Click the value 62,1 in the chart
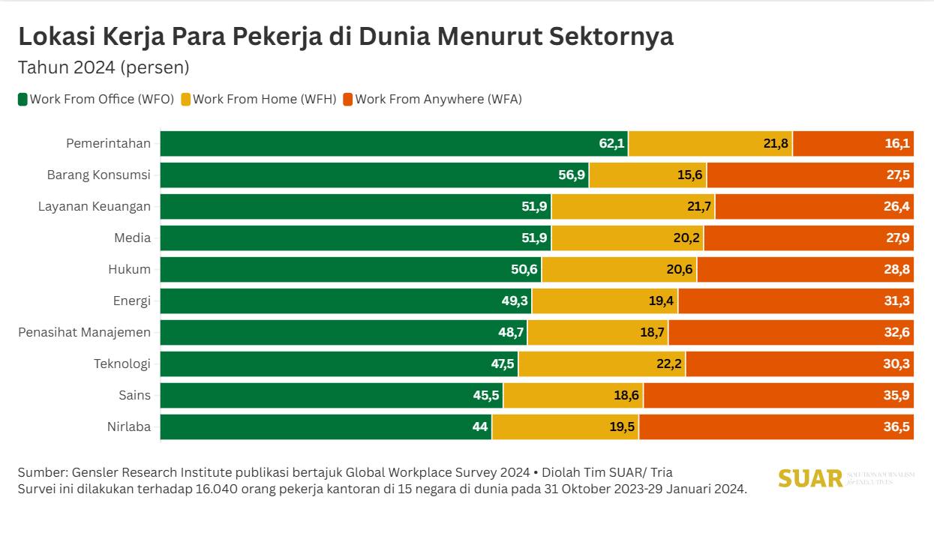[x=612, y=144]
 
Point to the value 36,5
[x=897, y=427]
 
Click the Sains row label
[x=134, y=395]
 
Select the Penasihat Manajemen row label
[x=84, y=332]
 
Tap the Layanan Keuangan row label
[x=95, y=206]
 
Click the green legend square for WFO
[x=23, y=99]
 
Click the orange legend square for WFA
[x=347, y=99]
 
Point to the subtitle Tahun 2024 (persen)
[x=103, y=67]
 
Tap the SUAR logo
[x=810, y=478]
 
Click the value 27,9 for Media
[x=897, y=238]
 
